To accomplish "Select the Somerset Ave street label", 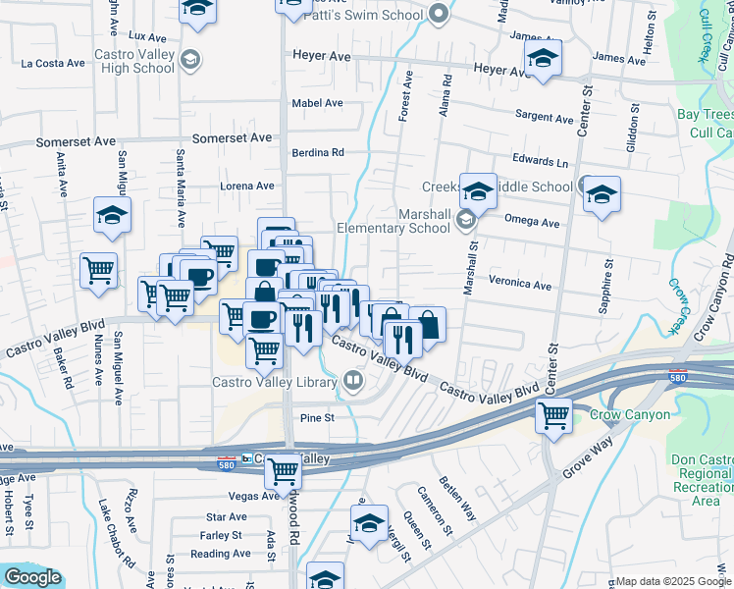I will [233, 138].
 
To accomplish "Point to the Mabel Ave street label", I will [317, 103].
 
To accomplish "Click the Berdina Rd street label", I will [318, 152].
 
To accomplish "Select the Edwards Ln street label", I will [540, 161].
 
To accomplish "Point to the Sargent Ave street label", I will [545, 118].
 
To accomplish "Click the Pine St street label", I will [317, 417].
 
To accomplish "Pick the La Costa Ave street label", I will [53, 63].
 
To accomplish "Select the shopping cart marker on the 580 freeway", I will [284, 471].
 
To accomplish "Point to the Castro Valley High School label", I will [134, 61].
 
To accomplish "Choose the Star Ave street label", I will [226, 516].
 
